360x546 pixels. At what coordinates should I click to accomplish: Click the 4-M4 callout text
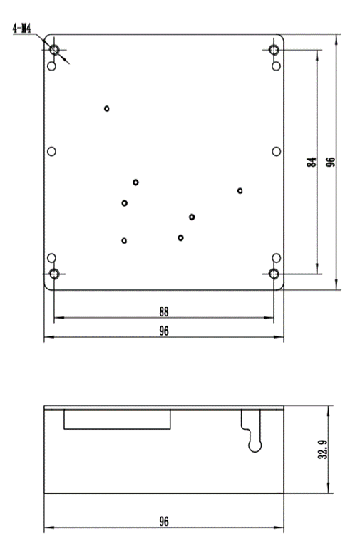point(21,29)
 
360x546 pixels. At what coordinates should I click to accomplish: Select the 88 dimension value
point(164,311)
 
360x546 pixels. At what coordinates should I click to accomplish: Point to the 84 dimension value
point(312,162)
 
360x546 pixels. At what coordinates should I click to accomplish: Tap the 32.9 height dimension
point(322,449)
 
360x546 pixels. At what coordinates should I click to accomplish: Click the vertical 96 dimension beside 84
point(331,162)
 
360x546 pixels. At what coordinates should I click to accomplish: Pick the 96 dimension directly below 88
point(164,331)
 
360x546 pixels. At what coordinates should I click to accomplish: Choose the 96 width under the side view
point(164,521)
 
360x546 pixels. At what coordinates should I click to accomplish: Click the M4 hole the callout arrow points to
point(54,50)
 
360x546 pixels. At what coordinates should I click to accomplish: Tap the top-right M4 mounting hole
point(274,50)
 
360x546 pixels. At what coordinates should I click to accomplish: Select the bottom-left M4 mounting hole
point(54,274)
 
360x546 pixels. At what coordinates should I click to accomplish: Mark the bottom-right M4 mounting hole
point(274,274)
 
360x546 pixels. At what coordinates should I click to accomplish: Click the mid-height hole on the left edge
point(51,152)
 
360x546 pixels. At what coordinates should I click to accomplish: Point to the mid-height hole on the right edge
point(276,152)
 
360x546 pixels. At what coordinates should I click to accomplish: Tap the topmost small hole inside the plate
point(107,108)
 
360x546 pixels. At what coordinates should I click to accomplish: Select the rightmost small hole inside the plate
point(240,190)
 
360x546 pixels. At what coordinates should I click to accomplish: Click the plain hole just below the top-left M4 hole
point(51,66)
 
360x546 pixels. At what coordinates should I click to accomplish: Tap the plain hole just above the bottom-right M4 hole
point(276,258)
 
